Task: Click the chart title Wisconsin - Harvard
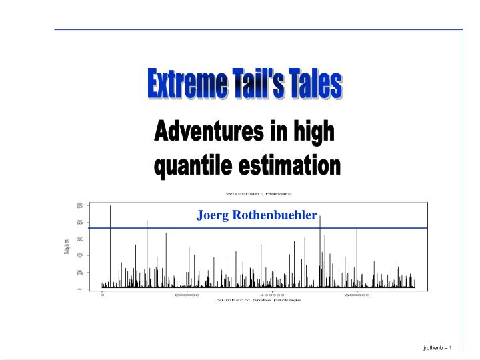click(x=259, y=193)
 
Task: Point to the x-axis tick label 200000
click(x=187, y=295)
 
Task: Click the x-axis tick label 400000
click(x=272, y=295)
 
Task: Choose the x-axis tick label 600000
click(x=357, y=295)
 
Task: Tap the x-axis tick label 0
click(x=102, y=295)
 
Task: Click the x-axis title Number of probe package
click(x=259, y=300)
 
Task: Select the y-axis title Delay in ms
click(x=66, y=247)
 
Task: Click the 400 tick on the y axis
click(x=79, y=256)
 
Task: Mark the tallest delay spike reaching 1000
click(x=110, y=208)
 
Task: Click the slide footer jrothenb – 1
click(x=438, y=349)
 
